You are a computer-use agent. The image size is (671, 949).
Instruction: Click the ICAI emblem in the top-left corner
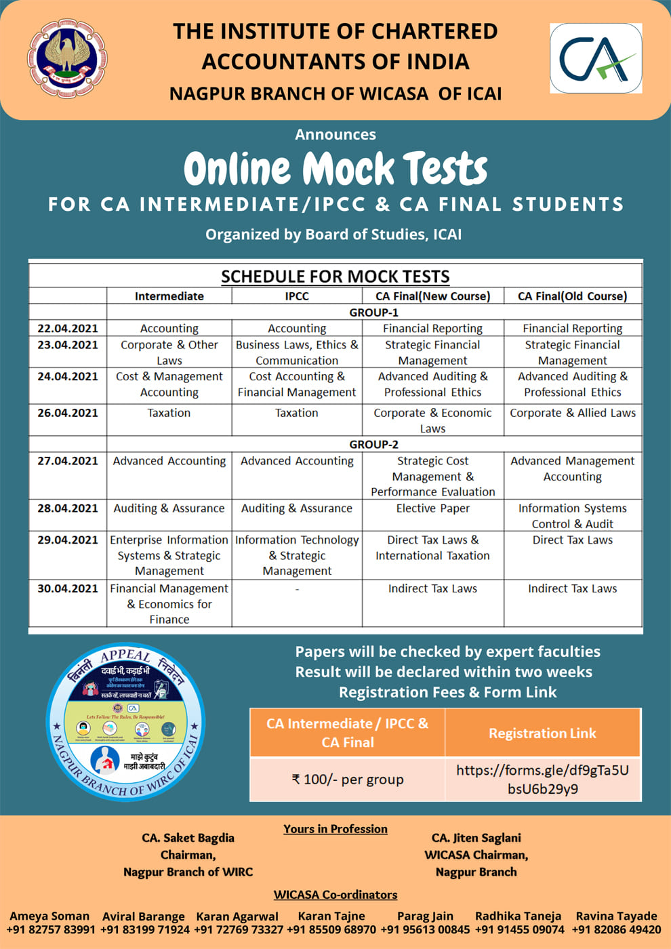[66, 58]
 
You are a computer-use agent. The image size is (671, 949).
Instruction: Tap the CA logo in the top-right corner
[596, 58]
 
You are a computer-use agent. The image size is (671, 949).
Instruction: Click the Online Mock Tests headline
[335, 169]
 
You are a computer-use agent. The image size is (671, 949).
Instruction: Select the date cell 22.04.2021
[68, 328]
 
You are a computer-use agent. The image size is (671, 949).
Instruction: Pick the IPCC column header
[297, 296]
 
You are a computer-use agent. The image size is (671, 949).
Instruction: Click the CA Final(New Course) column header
[432, 296]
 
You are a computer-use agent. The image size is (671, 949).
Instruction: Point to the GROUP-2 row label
[373, 445]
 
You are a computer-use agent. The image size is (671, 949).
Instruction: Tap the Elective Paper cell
[432, 508]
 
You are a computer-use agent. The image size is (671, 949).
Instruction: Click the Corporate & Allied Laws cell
[573, 413]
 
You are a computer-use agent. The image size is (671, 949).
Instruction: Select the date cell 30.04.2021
[68, 588]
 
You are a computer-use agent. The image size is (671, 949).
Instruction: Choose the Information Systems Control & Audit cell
[573, 516]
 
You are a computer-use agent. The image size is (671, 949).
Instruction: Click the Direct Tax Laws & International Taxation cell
[432, 548]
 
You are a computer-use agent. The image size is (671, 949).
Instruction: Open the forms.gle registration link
[542, 780]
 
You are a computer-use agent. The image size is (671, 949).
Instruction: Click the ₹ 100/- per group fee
[348, 780]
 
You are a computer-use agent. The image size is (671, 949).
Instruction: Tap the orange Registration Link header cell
[542, 733]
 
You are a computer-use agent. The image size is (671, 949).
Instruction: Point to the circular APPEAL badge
[125, 721]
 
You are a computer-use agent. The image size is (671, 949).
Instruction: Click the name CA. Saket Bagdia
[188, 838]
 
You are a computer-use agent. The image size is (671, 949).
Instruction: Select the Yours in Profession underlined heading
[335, 829]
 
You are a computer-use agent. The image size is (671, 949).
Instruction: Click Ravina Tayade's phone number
[616, 929]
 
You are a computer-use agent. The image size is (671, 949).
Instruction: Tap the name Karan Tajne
[331, 916]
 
